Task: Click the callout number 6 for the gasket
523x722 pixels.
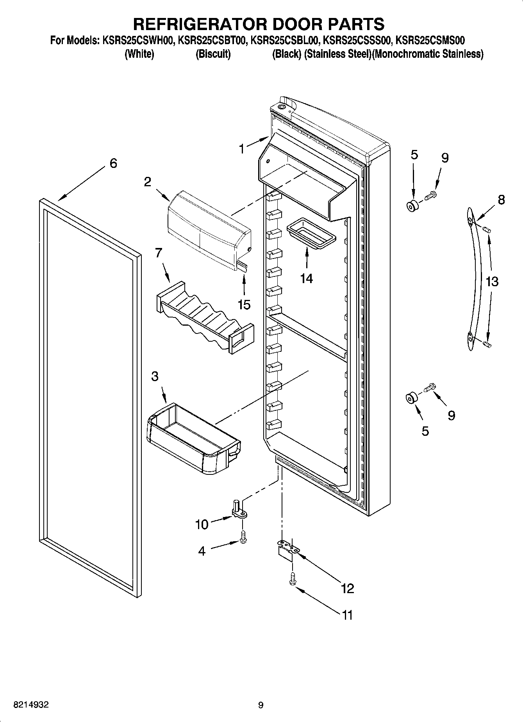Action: (113, 163)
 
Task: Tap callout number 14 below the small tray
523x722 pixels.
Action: (307, 278)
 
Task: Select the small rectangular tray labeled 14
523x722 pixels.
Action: (311, 233)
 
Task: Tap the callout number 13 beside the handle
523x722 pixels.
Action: (492, 281)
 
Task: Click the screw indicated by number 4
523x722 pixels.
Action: (243, 539)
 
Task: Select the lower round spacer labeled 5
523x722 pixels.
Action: (411, 399)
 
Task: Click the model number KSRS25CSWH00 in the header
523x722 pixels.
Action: (138, 40)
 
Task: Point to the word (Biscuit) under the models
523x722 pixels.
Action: (213, 54)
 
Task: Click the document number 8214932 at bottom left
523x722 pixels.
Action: (31, 705)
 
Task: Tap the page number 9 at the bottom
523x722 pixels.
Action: (261, 705)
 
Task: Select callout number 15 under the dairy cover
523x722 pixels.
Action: (244, 304)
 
